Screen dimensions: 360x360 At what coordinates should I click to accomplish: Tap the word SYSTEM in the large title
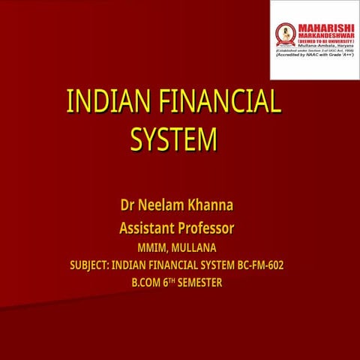[x=173, y=139]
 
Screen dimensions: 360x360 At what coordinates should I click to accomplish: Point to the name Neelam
[x=165, y=204]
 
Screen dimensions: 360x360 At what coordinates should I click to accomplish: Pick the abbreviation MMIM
[x=153, y=247]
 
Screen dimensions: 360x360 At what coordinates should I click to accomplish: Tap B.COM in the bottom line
[x=146, y=282]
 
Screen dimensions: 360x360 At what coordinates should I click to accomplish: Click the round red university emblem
[x=285, y=32]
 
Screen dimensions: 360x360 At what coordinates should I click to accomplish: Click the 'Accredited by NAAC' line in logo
[x=315, y=54]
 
